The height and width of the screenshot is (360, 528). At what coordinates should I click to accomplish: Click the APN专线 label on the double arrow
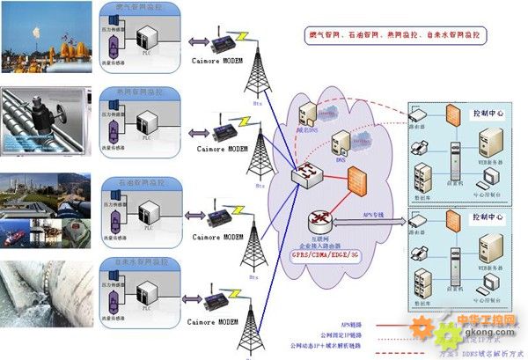pyautogui.click(x=374, y=214)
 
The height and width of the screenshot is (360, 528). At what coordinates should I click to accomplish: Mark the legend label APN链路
pyautogui.click(x=356, y=323)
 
